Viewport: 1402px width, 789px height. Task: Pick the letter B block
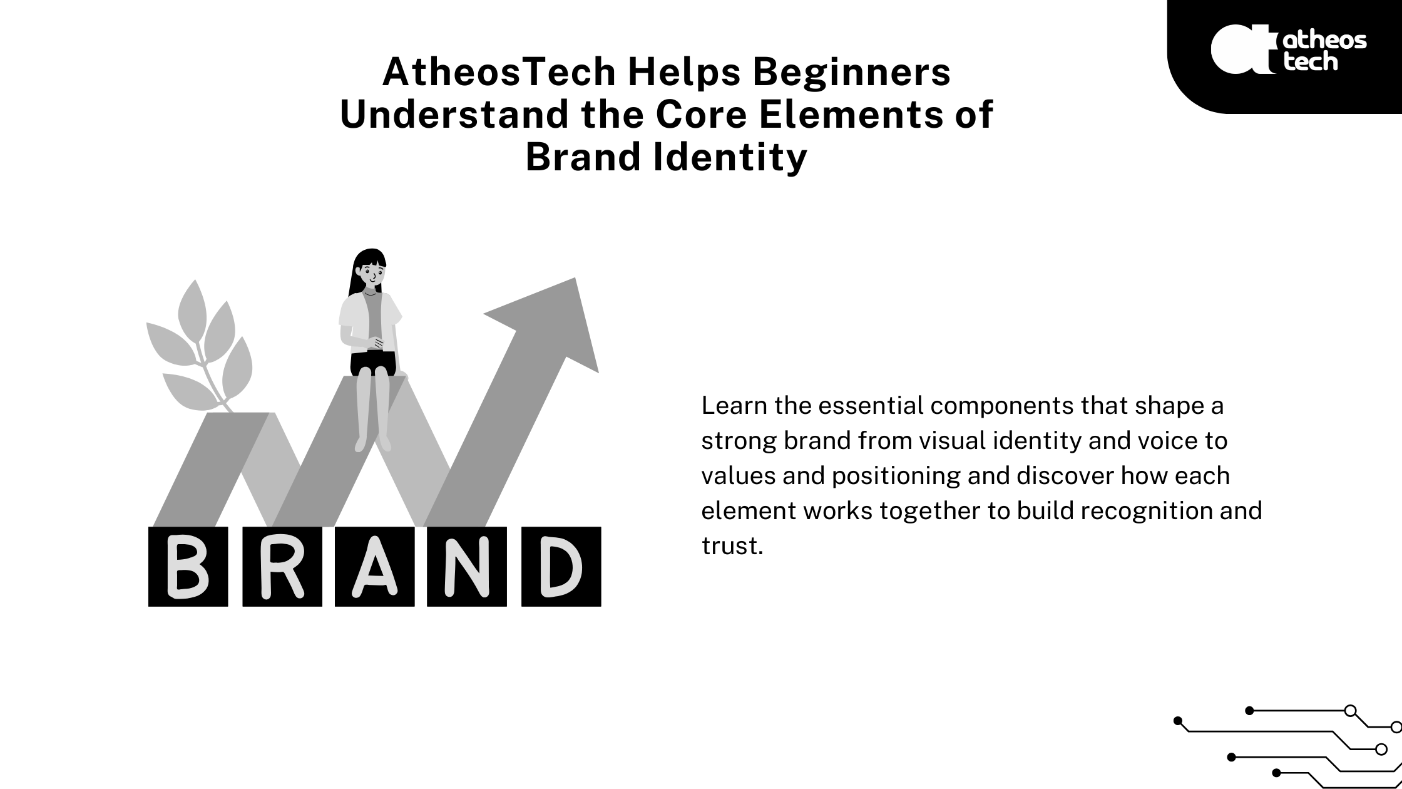(x=188, y=567)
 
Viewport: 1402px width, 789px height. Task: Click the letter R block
(x=282, y=567)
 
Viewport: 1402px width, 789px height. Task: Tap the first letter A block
(x=374, y=567)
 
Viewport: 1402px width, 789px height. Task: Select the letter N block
(x=467, y=567)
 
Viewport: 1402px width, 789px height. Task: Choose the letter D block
(x=561, y=567)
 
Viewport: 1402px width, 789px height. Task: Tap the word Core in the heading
(x=692, y=115)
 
